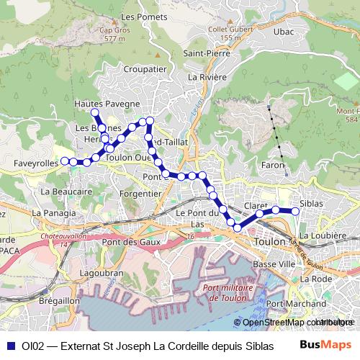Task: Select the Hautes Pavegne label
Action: pos(107,104)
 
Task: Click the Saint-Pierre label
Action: pos(206,53)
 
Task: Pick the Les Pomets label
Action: pos(139,16)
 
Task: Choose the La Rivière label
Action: pos(207,76)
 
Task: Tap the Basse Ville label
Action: pos(274,265)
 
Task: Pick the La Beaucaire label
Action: pos(67,192)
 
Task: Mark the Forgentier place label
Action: pos(140,194)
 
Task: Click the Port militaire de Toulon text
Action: pos(230,293)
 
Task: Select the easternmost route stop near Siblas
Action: pos(295,211)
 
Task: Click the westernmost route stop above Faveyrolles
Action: pos(64,161)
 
